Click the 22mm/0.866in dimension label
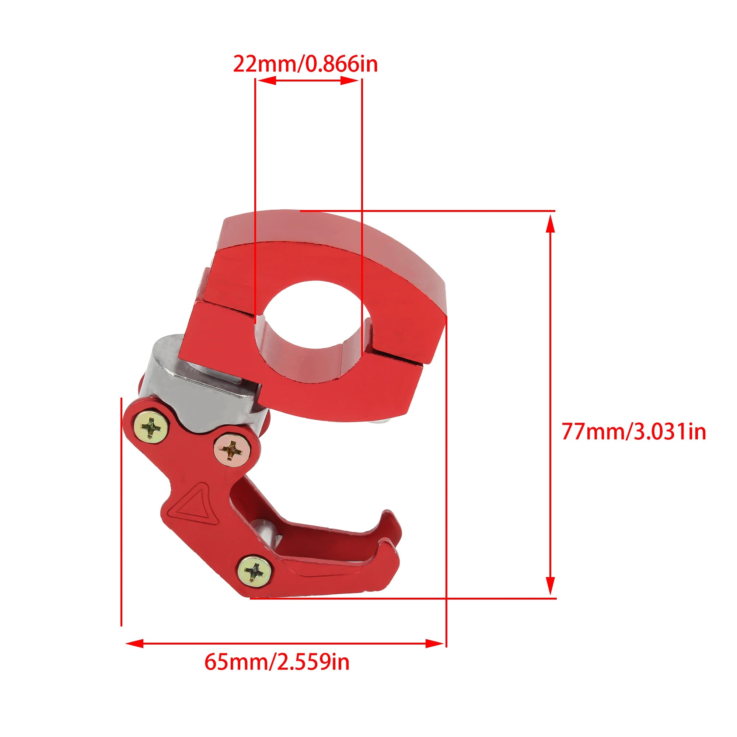click(305, 64)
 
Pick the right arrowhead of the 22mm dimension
click(349, 80)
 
